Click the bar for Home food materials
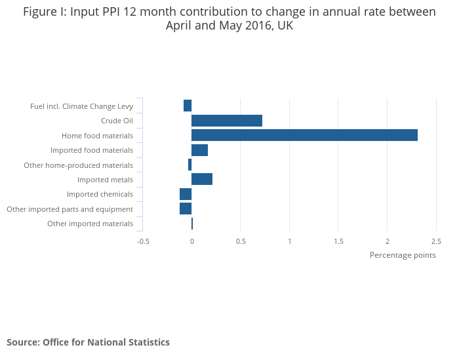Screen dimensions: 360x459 [x=304, y=135]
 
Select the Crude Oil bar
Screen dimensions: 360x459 [x=227, y=121]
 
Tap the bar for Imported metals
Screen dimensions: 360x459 [x=202, y=179]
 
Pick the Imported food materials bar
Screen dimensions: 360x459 [x=199, y=150]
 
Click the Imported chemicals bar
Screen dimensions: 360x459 [x=186, y=194]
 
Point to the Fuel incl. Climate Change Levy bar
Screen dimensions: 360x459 [x=188, y=106]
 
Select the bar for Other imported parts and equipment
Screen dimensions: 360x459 [x=186, y=209]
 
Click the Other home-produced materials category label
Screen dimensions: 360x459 [x=78, y=165]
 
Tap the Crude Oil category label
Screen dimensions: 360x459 [x=117, y=121]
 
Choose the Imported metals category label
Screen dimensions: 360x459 [x=105, y=180]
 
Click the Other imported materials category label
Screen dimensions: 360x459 [x=90, y=224]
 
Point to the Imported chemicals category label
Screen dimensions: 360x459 [x=100, y=194]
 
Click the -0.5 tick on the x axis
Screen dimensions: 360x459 [x=143, y=241]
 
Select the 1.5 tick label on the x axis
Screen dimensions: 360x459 [x=338, y=241]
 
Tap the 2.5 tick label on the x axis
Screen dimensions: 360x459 [x=436, y=241]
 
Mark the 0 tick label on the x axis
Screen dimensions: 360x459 [x=192, y=241]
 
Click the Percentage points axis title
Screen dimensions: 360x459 [x=403, y=255]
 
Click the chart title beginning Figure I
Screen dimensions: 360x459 [x=229, y=19]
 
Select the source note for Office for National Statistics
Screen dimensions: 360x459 [x=88, y=342]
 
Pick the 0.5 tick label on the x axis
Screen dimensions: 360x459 [x=241, y=241]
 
